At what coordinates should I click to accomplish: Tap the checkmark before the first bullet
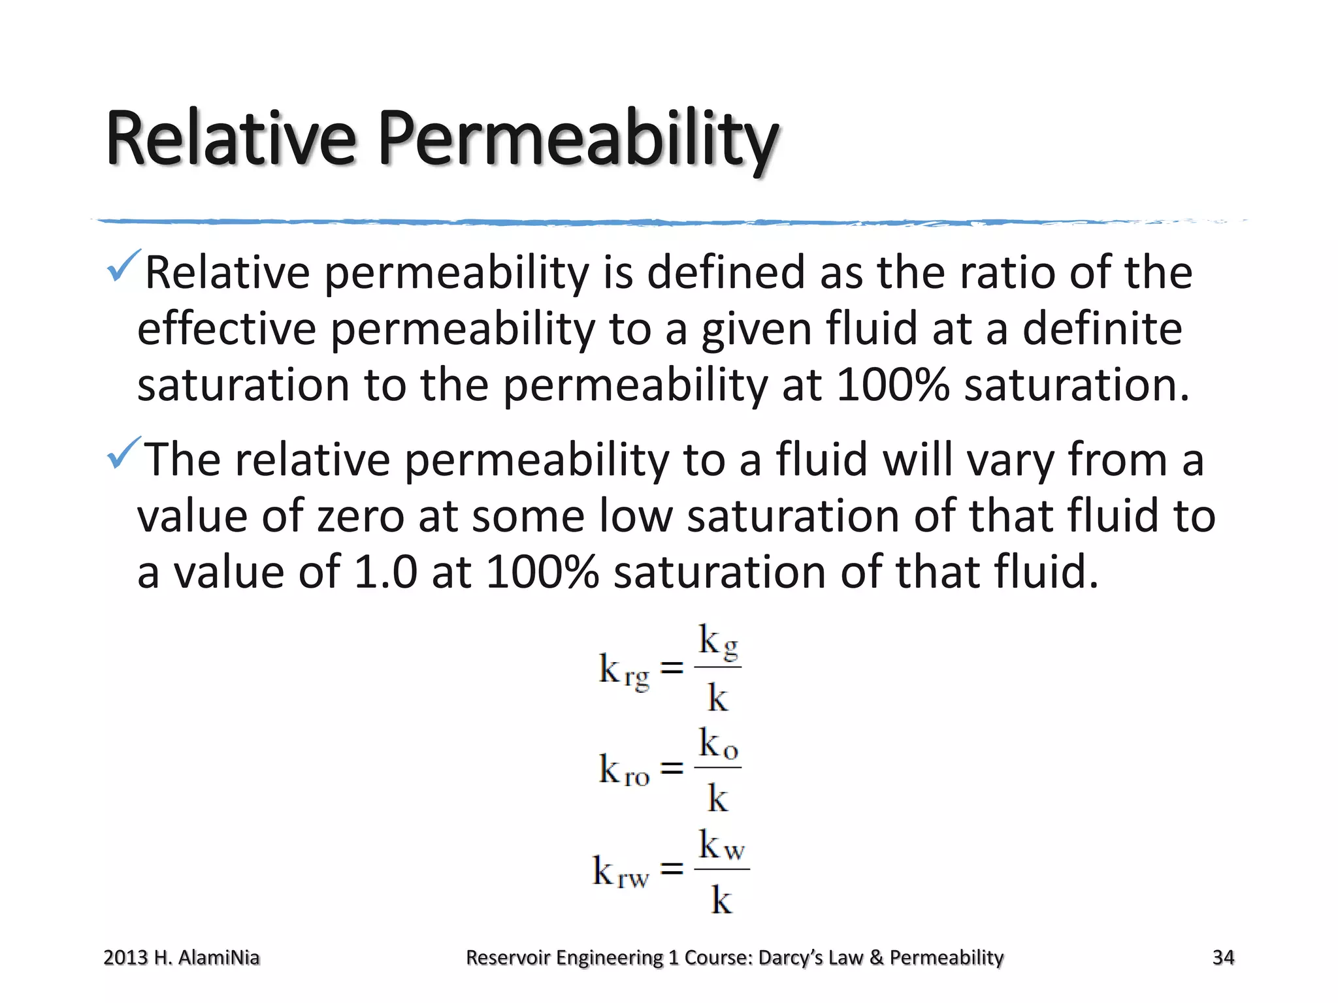click(x=123, y=266)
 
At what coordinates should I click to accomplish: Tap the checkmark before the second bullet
click(x=123, y=453)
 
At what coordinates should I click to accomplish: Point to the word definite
click(x=1102, y=328)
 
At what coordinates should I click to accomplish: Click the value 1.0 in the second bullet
click(x=385, y=572)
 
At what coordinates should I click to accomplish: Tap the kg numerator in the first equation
click(x=718, y=641)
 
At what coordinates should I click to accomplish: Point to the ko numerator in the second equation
click(x=718, y=744)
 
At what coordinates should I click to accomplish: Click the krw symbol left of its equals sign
click(x=621, y=872)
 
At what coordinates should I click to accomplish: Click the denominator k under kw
click(x=721, y=900)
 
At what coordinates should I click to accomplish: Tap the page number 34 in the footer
click(x=1223, y=957)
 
